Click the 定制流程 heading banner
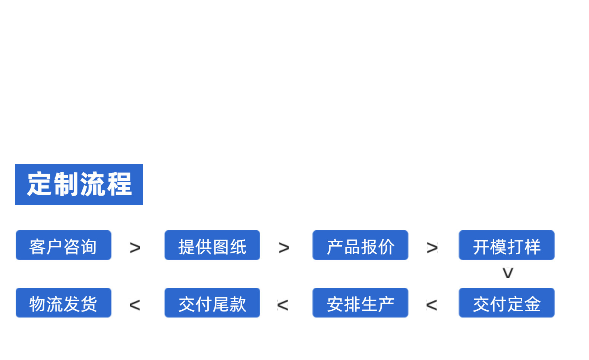point(79,184)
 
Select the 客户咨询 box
point(63,245)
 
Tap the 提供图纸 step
point(212,245)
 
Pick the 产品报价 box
point(360,245)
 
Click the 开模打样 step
point(507,245)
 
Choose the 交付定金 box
point(507,303)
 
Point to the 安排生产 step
point(360,303)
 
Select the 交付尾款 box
point(212,303)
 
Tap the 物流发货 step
point(63,303)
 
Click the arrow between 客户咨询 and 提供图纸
point(135,247)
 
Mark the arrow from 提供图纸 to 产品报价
point(284,247)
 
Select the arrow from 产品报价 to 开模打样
point(432,247)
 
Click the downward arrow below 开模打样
point(508,273)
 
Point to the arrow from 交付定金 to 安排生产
point(432,305)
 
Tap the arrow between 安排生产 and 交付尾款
point(283,305)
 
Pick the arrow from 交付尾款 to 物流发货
point(135,305)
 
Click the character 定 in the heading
point(40,184)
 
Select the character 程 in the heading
point(119,184)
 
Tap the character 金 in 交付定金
point(532,304)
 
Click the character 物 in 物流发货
point(37,304)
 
